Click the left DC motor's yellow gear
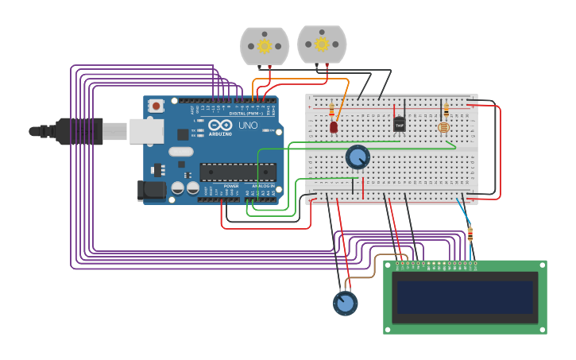[265, 46]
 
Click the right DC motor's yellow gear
[322, 44]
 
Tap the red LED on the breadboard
[334, 126]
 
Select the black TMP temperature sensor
[399, 124]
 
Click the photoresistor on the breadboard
[443, 127]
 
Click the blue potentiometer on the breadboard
[358, 157]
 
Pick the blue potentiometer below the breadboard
[345, 303]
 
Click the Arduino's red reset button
[157, 105]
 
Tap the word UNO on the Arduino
[248, 125]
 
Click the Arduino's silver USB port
[146, 130]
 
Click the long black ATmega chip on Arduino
[238, 171]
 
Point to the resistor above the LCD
[470, 234]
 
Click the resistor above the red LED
[331, 110]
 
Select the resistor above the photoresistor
[446, 110]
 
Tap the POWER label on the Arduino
[230, 186]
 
